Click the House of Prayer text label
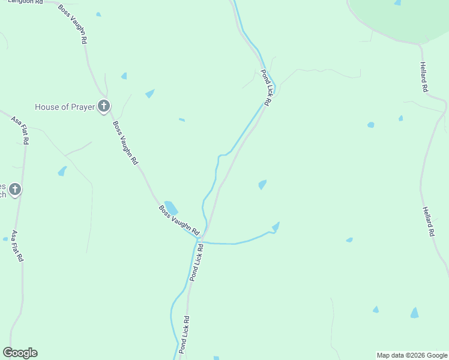tap(65, 107)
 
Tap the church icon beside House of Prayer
tap(104, 107)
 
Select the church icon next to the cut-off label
tap(15, 190)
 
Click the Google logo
tap(20, 353)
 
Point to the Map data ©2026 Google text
tap(412, 355)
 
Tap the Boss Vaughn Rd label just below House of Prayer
tap(125, 143)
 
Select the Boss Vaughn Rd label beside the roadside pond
tap(178, 220)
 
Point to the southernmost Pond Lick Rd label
tap(184, 334)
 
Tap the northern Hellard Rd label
tap(424, 77)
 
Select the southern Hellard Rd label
tap(427, 221)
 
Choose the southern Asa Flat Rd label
tap(17, 246)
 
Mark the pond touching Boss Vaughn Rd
tap(171, 208)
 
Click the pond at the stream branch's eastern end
tap(276, 227)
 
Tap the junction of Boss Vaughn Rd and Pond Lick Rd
tap(200, 238)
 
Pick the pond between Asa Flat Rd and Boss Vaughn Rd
tap(62, 172)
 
